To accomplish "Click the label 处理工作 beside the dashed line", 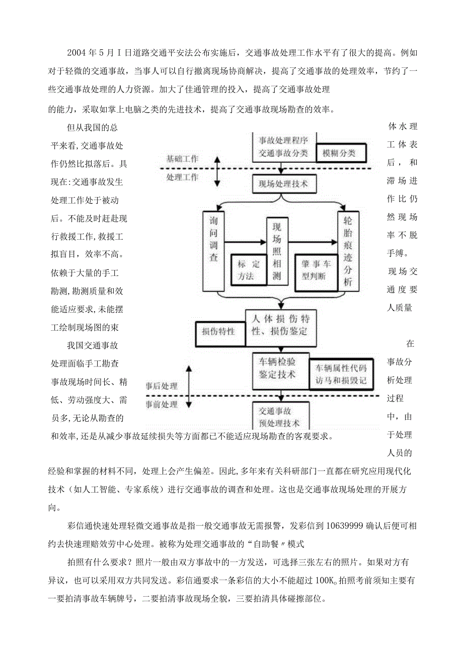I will (182, 177).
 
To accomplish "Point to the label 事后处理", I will (162, 386).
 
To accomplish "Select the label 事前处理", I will (162, 404).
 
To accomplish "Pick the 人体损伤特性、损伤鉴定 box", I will (281, 325).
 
